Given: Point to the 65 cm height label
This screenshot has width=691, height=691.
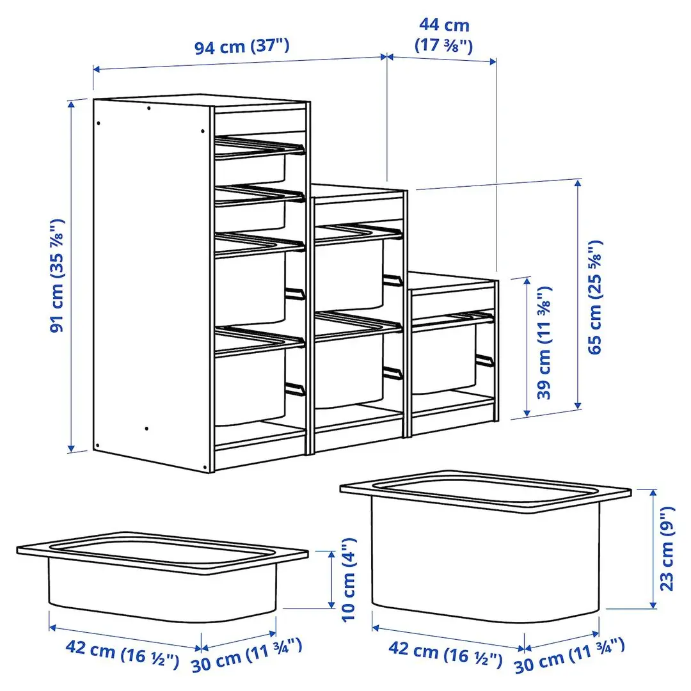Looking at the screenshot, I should [595, 297].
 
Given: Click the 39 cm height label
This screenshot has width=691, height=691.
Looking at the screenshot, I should [544, 343].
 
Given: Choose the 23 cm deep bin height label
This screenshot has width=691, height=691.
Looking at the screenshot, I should [667, 548].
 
